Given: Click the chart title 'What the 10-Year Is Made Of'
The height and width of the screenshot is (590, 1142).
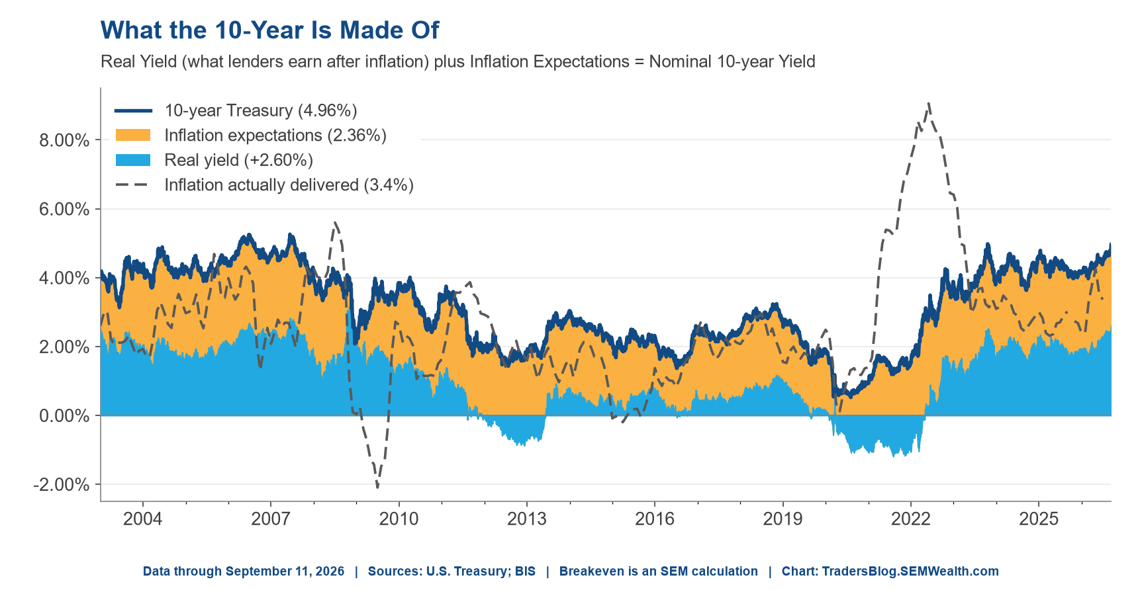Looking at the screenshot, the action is [x=269, y=30].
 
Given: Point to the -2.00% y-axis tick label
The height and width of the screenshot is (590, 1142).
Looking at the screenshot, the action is [x=62, y=485].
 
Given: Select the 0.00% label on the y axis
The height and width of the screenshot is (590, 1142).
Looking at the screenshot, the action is [x=65, y=416].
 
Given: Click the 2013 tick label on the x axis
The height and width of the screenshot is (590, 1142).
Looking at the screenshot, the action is [x=527, y=519].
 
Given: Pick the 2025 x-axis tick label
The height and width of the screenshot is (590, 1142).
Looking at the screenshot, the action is [x=1039, y=519].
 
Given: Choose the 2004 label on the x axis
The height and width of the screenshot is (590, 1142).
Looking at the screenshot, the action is [x=142, y=519].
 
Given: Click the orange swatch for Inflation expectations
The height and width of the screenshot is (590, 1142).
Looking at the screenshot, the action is [x=133, y=136].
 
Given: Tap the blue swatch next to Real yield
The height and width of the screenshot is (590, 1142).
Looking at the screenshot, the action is [x=133, y=160].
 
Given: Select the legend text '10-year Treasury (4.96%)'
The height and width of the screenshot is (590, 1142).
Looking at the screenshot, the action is [x=261, y=110].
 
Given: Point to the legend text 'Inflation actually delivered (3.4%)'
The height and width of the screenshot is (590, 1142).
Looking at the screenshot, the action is [x=289, y=185].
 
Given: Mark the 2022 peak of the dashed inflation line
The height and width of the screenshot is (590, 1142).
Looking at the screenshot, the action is [x=929, y=103].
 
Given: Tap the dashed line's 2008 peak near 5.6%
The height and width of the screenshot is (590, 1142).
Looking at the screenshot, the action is [x=335, y=222].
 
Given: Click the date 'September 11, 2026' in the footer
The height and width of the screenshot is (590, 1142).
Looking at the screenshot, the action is [x=285, y=571].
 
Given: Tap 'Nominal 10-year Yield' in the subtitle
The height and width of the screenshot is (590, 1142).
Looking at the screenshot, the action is [x=732, y=62].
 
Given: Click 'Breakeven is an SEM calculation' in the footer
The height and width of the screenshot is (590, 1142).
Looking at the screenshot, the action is [x=659, y=571].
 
